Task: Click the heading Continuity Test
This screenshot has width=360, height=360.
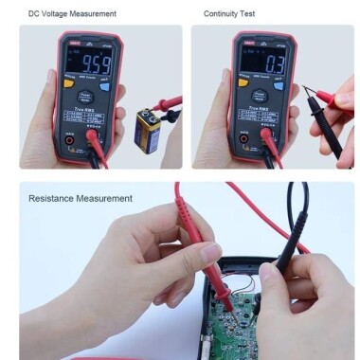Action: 229,13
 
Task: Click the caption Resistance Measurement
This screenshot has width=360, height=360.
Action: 81,198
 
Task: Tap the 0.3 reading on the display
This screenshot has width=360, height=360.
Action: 250,67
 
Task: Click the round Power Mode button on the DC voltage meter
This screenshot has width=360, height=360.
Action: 84,96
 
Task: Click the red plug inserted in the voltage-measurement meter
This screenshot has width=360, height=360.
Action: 93,140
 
